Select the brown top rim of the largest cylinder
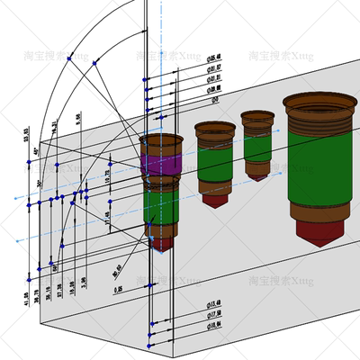coord(317,102)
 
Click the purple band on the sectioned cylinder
coord(163,164)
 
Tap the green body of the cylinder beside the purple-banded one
coord(216,161)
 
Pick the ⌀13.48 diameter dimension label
coord(215,302)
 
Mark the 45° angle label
coord(37,154)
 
